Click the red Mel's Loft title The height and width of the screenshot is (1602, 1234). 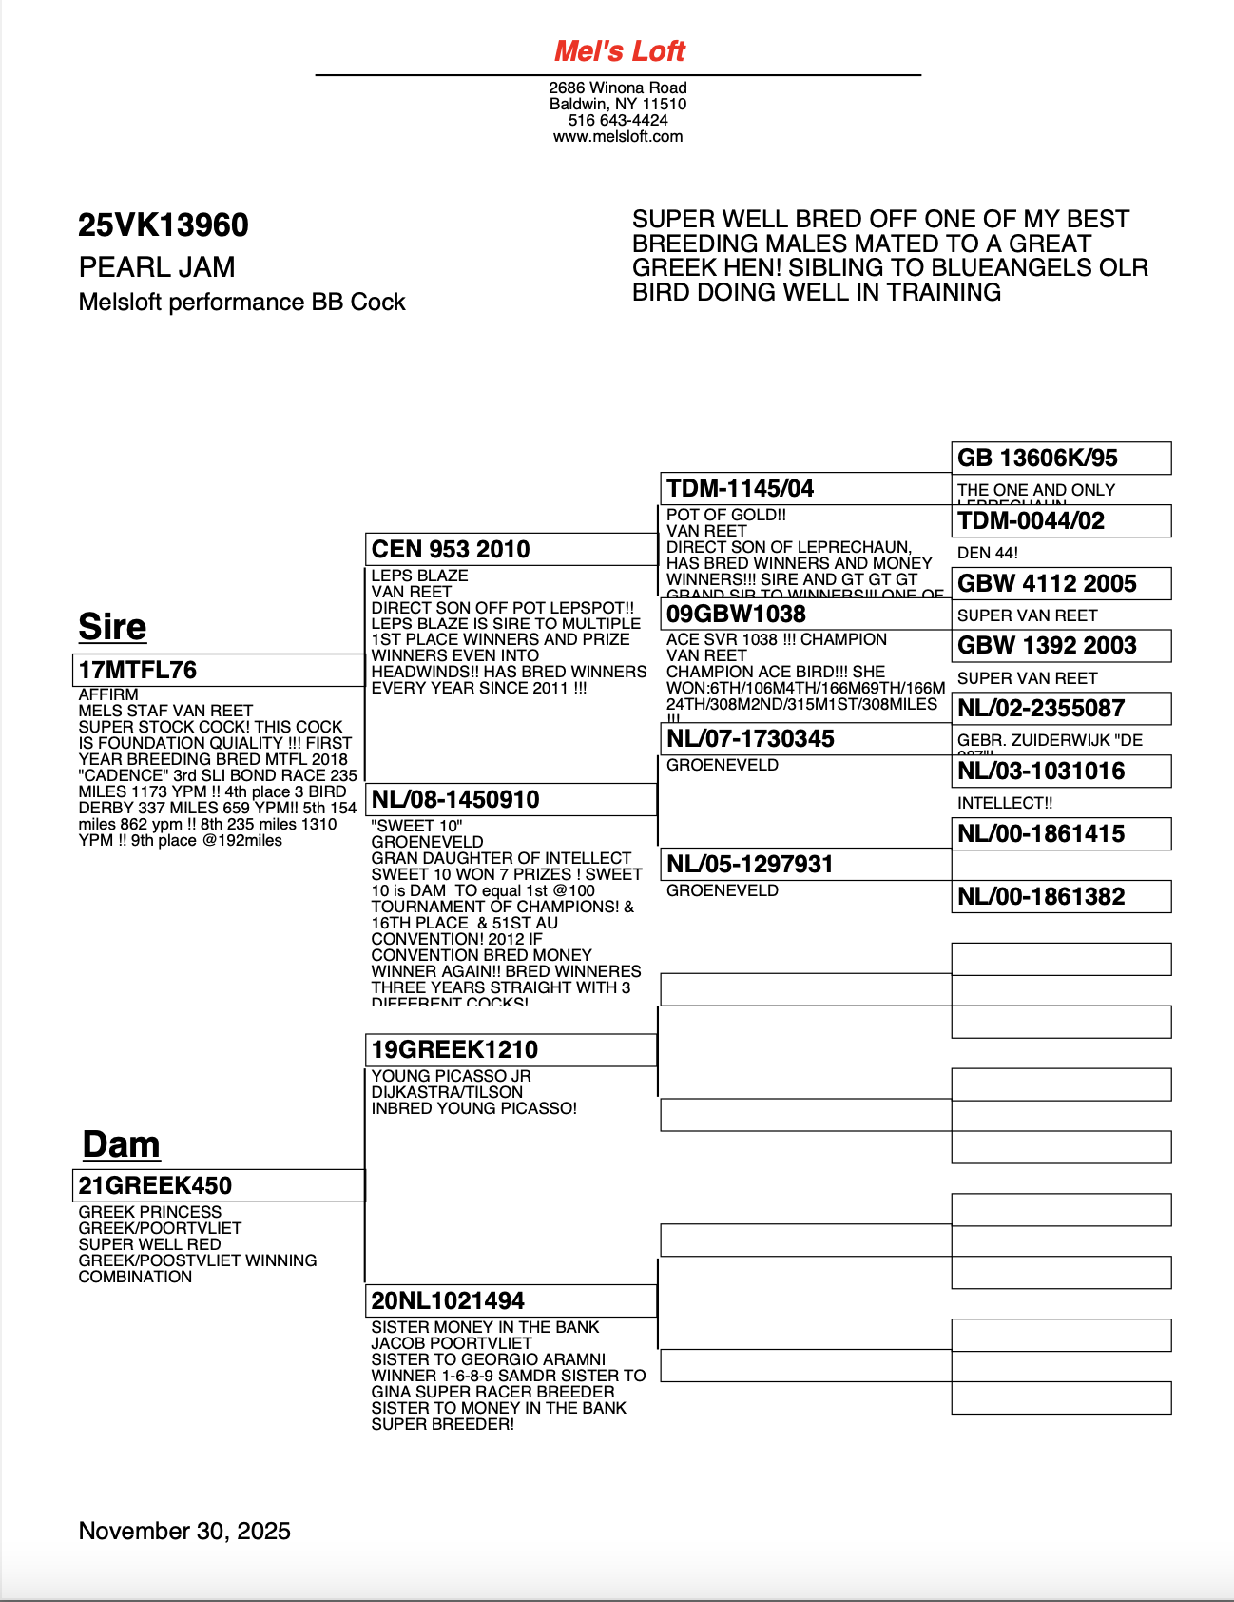coord(619,51)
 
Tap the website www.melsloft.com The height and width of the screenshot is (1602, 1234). coord(618,136)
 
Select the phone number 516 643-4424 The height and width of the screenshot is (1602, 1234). coord(618,120)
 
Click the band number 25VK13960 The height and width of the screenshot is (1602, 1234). coord(164,225)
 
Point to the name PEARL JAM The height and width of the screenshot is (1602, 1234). coord(157,267)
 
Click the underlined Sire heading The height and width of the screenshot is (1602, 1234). coord(112,627)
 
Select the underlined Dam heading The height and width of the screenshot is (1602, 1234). coord(121,1144)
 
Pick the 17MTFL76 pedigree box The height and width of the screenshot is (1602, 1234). coord(218,670)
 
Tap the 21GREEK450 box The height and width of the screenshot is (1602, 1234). coord(218,1185)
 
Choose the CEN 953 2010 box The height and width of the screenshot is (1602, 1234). coord(511,549)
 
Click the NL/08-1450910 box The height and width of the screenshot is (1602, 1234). coord(511,799)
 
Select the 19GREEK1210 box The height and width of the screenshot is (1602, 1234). coord(511,1049)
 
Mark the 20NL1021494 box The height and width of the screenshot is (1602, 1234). coord(511,1300)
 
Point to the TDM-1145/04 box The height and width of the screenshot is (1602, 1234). coord(804,488)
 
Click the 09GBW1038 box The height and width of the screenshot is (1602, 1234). coord(804,614)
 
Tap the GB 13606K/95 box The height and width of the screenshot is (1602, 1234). coord(1061,458)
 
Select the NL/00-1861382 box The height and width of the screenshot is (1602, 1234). coord(1061,896)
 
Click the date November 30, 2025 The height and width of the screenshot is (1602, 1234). coord(184,1531)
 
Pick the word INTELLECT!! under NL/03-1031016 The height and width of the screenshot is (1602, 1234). coord(1005,803)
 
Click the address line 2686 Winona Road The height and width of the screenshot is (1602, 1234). coord(618,88)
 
